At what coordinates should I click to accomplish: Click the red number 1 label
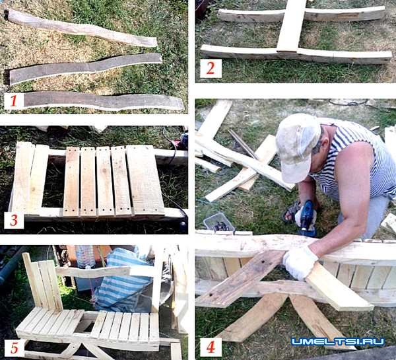coord(14,100)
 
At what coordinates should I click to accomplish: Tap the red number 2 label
coord(211,68)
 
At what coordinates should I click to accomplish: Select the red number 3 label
coord(14,220)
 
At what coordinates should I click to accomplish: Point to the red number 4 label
coord(211,347)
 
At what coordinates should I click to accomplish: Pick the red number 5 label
coord(14,348)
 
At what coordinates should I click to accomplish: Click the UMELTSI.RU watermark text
coord(338,342)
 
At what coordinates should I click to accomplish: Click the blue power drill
coord(306,217)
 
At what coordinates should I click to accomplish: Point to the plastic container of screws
coord(218,223)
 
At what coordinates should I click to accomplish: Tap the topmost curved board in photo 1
coord(81,28)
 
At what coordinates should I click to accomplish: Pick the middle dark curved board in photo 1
coord(86,68)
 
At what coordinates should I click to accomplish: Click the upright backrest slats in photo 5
coord(42,283)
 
